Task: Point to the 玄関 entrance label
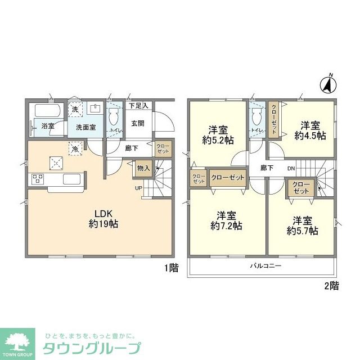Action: pos(138,123)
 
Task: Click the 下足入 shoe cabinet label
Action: pos(138,105)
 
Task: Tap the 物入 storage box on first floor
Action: pos(143,168)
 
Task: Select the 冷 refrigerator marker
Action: pos(74,149)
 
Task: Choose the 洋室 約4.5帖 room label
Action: pos(310,130)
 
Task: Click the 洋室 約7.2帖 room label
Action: pos(226,220)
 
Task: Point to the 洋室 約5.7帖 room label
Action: pos(302,225)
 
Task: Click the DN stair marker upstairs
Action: pos(291,168)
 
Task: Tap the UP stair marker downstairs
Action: pos(138,188)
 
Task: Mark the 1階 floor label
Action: pos(171,268)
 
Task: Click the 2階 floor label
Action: pos(331,285)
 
